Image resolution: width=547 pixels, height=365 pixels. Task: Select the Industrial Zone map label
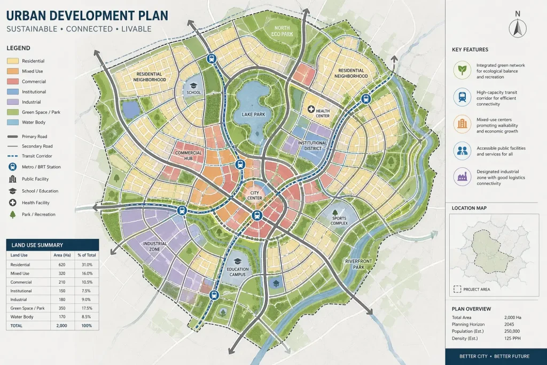click(155, 246)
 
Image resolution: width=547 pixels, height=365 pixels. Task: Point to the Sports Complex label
click(340, 221)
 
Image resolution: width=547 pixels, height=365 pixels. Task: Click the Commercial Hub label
click(188, 156)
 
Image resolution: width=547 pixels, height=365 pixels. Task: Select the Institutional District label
click(312, 146)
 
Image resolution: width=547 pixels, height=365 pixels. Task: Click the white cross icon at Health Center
click(312, 109)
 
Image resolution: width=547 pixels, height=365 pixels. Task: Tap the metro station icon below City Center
click(257, 216)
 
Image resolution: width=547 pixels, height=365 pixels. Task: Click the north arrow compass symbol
click(517, 26)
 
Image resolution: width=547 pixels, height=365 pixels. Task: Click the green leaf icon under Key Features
click(461, 69)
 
